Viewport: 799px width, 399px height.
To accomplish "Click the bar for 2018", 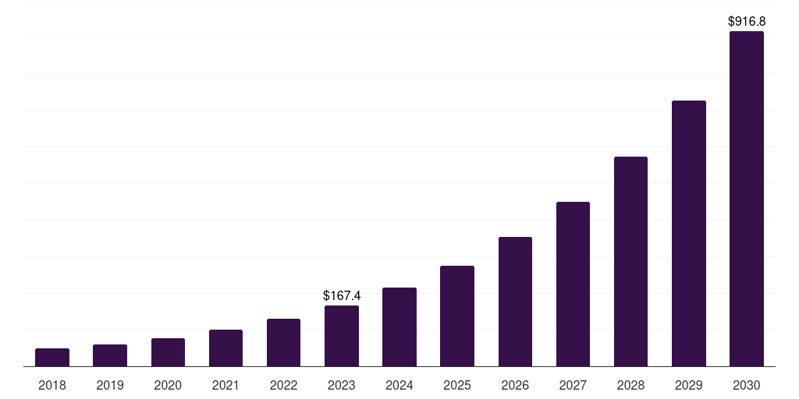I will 52,357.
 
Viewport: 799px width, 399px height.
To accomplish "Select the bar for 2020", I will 168,352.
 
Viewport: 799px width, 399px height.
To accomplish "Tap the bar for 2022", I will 283,342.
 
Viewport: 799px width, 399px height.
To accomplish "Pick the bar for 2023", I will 342,336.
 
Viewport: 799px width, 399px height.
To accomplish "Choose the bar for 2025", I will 457,316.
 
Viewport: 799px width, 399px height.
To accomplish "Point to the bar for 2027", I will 573,284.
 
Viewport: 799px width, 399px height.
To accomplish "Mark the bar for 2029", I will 688,233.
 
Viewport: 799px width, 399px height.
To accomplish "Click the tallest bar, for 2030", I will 747,199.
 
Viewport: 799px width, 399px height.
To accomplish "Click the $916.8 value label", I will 747,22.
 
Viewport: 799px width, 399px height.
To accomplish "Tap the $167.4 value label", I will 342,296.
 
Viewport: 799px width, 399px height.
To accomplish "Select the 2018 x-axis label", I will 52,385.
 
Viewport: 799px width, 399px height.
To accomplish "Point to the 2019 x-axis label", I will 110,385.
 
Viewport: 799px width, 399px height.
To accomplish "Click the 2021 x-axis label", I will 225,385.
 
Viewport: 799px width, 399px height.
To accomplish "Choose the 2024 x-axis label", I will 399,385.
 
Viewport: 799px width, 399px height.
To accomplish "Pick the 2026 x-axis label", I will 515,385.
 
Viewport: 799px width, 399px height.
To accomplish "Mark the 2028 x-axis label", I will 630,385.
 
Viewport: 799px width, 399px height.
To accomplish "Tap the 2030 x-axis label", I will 747,385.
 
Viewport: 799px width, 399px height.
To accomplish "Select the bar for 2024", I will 399,327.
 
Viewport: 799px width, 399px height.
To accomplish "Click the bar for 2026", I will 515,302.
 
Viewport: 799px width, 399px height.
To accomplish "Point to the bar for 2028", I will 630,261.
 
